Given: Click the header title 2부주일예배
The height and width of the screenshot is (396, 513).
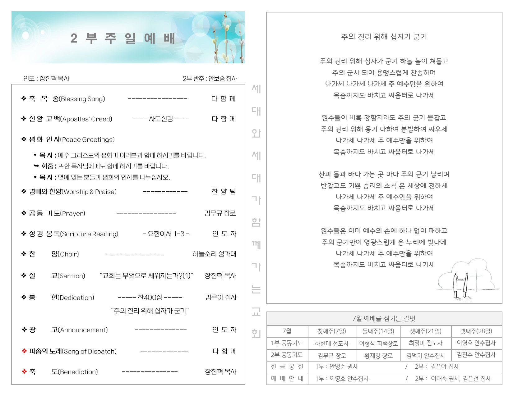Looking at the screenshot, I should (123, 38).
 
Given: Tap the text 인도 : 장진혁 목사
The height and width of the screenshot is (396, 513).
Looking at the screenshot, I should (46, 79).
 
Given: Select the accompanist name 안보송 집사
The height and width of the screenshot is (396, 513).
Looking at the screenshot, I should (223, 79).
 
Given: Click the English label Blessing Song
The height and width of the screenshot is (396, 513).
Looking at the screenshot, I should (82, 99).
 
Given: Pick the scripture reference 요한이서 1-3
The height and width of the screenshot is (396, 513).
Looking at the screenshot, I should (166, 234).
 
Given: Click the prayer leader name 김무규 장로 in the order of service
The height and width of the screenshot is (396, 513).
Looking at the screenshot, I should (220, 213).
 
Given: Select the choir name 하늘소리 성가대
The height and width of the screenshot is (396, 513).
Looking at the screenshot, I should (214, 254).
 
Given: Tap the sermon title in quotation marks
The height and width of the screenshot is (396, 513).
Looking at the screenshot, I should (146, 276).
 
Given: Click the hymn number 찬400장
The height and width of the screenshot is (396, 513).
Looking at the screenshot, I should (150, 298).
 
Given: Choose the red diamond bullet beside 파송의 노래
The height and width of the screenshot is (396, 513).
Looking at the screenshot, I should (24, 351).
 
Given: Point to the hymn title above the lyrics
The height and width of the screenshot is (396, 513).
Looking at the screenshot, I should (384, 37).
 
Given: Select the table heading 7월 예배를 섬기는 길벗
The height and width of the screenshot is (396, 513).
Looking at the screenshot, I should (384, 319).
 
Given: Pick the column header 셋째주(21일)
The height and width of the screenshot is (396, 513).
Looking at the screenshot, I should (426, 331).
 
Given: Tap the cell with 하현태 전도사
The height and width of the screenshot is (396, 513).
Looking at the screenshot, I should (332, 343).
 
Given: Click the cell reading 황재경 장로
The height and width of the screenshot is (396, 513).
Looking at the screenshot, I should (378, 355).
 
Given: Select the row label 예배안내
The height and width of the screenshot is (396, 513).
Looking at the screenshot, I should (287, 379).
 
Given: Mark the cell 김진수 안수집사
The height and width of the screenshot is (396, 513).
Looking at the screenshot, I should (476, 355).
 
